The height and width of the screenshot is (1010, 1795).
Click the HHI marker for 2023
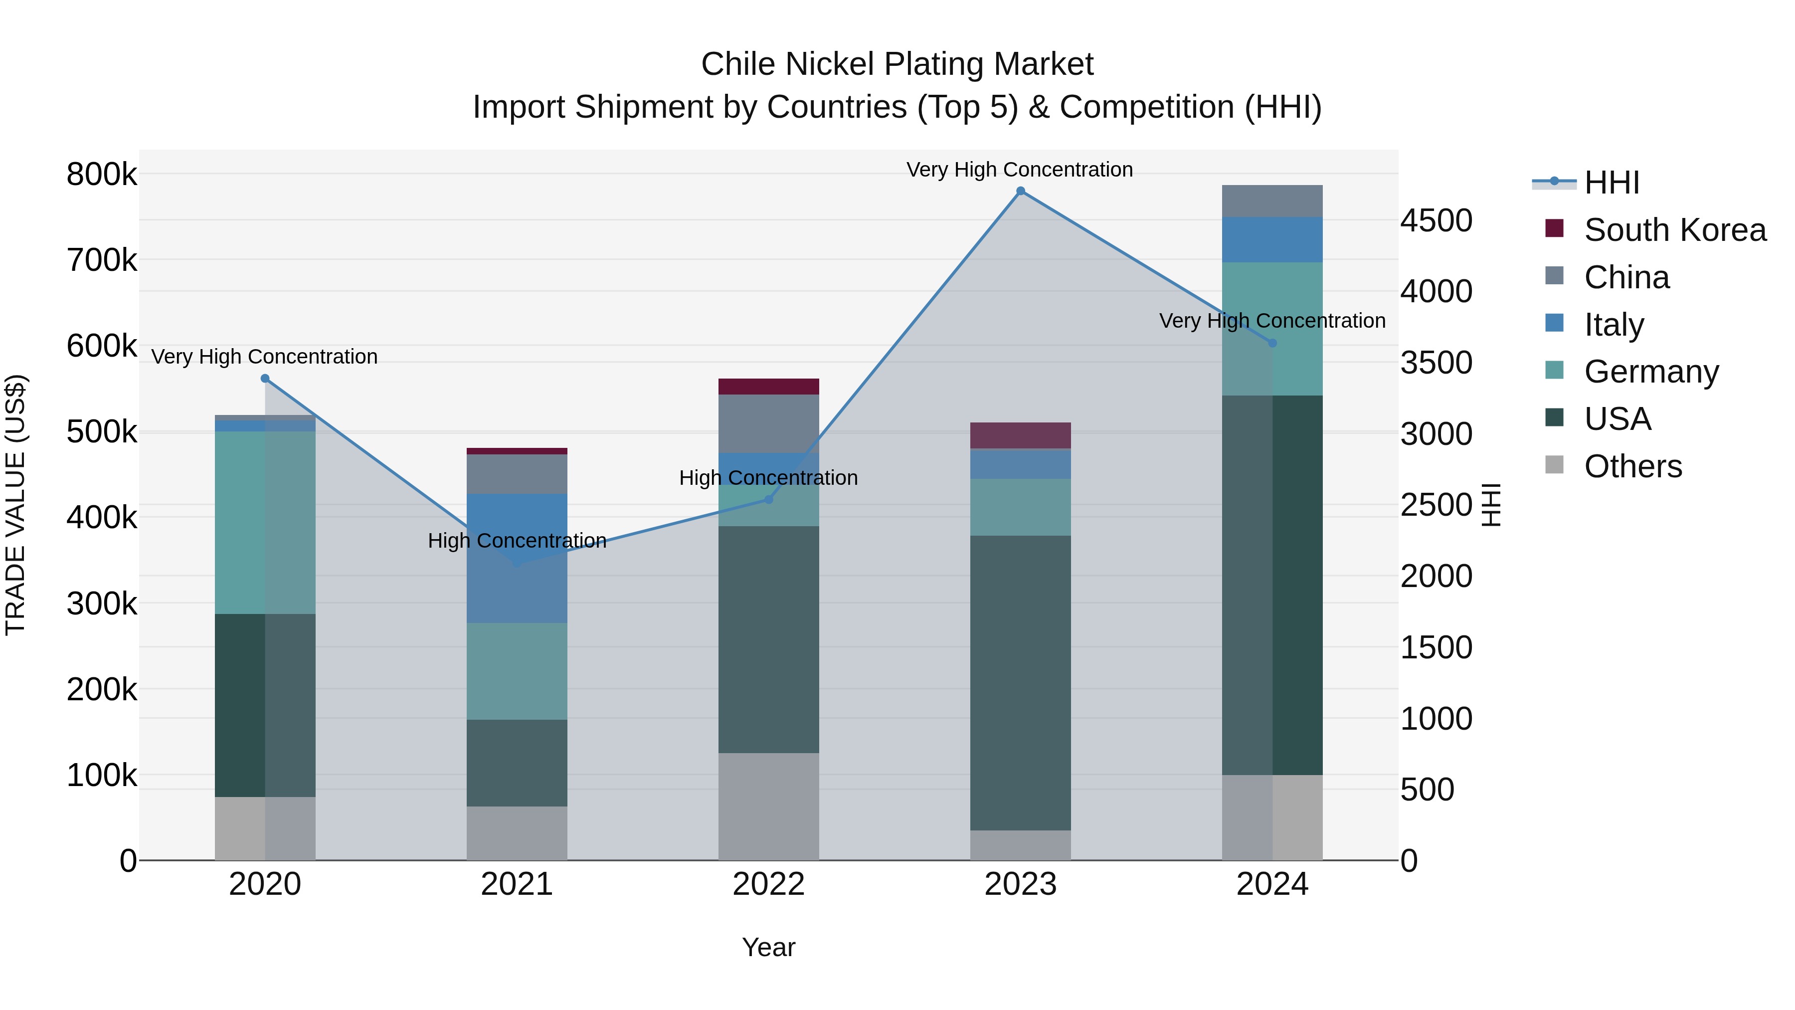pyautogui.click(x=1020, y=191)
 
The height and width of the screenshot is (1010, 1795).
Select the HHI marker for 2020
pyautogui.click(x=265, y=379)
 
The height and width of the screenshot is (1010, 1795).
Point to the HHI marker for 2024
pyautogui.click(x=1272, y=343)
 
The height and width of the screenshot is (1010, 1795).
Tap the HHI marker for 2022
pyautogui.click(x=768, y=499)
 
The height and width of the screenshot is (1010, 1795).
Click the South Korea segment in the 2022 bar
pyautogui.click(x=768, y=386)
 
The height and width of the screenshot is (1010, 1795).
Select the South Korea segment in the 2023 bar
pyautogui.click(x=1020, y=435)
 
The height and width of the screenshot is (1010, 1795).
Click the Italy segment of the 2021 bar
pyautogui.click(x=517, y=558)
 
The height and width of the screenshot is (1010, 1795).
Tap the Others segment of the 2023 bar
pyautogui.click(x=1020, y=845)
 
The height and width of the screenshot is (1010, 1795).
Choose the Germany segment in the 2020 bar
pyautogui.click(x=265, y=522)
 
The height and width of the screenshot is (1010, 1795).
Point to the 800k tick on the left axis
pyautogui.click(x=102, y=174)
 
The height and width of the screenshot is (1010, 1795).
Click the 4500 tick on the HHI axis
pyautogui.click(x=1436, y=221)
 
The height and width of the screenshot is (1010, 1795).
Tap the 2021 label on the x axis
pyautogui.click(x=517, y=884)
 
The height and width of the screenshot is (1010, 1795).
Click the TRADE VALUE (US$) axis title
pyautogui.click(x=15, y=505)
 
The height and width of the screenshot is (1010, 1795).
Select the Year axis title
pyautogui.click(x=768, y=947)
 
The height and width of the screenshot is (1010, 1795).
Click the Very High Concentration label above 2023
pyautogui.click(x=1020, y=170)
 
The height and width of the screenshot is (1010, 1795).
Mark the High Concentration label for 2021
pyautogui.click(x=517, y=541)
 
